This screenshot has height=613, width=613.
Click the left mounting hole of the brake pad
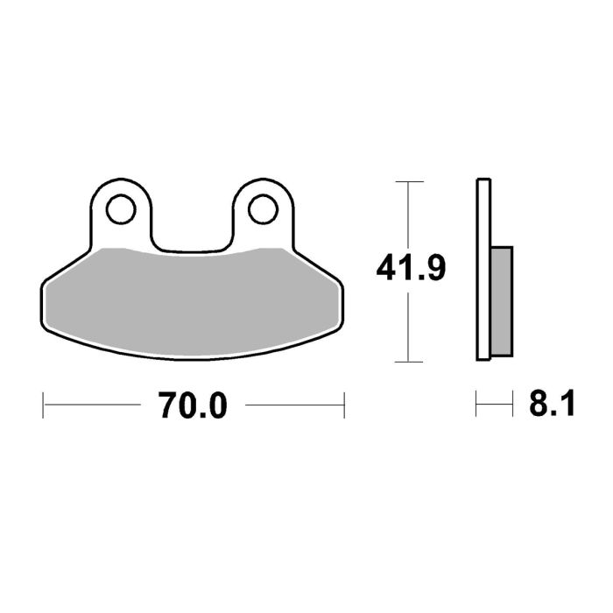(121, 210)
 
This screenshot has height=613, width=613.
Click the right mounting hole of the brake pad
(261, 210)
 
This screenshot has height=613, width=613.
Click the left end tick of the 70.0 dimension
(44, 405)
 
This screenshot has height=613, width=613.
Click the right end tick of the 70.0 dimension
(343, 405)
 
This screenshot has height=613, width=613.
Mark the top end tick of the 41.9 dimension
(410, 181)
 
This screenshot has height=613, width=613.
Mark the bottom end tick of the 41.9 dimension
(410, 361)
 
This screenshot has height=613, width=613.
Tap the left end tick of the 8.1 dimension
(476, 405)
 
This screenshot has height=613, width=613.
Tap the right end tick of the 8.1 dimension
(511, 405)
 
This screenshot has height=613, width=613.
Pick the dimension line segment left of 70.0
(92, 405)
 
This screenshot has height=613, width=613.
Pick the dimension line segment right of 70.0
(293, 405)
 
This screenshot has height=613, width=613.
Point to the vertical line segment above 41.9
(410, 215)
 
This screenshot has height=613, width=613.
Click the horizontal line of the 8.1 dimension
(494, 405)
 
